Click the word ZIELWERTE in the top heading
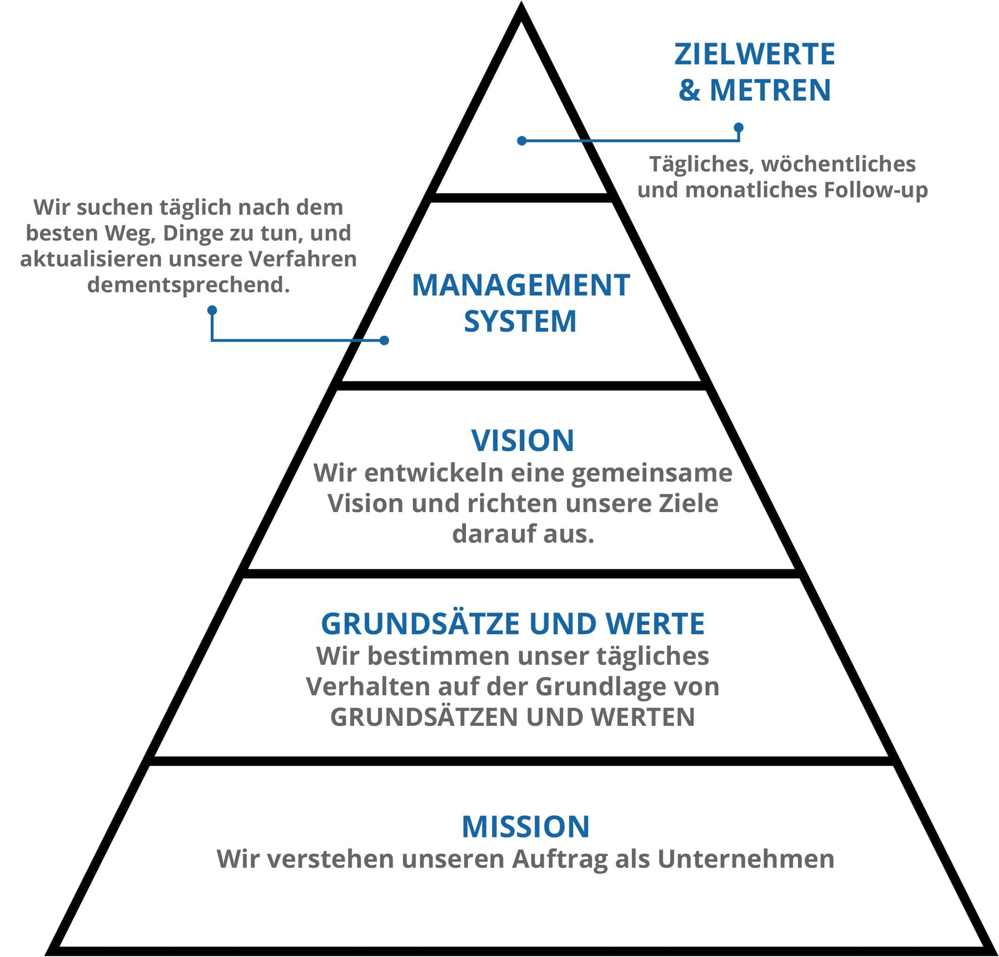754,54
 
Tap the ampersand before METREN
689,90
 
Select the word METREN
770,90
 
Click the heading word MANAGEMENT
520,285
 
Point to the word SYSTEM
520,321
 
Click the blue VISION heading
522,441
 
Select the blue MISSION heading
526,826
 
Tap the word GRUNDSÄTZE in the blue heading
421,623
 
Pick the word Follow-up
875,190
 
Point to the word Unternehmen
746,859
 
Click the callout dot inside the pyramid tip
521,141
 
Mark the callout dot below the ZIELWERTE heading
738,127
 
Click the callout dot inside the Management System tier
384,340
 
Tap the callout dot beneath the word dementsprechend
212,310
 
